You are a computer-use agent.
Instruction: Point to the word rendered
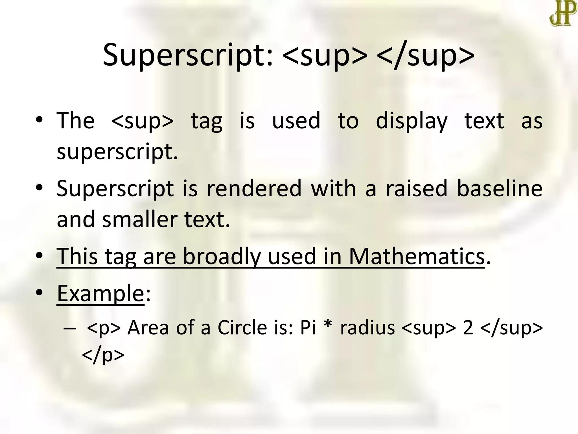254,189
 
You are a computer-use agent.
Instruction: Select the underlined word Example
100,294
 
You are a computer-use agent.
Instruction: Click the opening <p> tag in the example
104,328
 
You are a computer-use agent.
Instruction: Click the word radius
367,328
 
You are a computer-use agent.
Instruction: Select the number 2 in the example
468,328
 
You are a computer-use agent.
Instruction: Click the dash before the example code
70,329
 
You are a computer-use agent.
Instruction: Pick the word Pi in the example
308,328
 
